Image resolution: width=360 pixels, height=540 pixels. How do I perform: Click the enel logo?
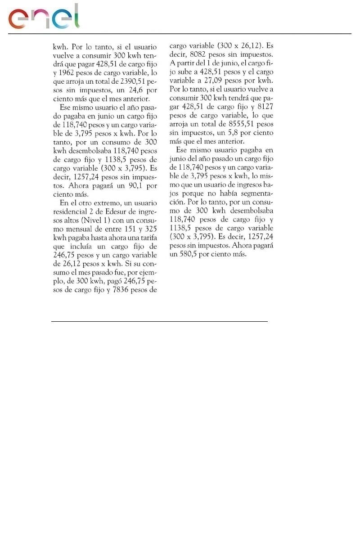(44, 17)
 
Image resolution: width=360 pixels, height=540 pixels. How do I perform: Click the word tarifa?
(147, 237)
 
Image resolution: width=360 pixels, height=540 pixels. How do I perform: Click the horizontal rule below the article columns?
(159, 321)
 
